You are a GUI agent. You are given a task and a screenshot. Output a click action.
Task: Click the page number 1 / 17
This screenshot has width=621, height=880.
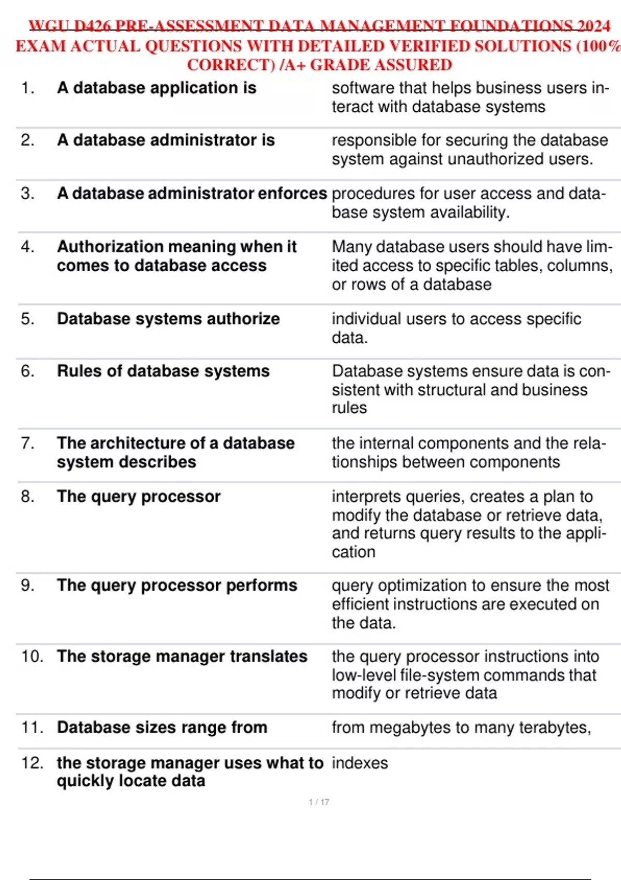[319, 802]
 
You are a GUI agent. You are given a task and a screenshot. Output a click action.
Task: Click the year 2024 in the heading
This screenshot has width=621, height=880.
[594, 26]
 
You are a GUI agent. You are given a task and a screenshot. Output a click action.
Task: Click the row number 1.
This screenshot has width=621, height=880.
[27, 88]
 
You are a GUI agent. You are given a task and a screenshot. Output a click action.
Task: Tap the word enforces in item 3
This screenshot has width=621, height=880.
[292, 194]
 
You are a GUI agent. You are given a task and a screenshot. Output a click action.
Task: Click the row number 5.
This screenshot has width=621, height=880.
[27, 319]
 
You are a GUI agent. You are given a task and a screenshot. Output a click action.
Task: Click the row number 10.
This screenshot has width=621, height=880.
[32, 656]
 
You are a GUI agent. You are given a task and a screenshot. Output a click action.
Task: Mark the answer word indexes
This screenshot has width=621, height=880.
[360, 763]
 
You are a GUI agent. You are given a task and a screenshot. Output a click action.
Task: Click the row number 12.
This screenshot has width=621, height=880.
[32, 763]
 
